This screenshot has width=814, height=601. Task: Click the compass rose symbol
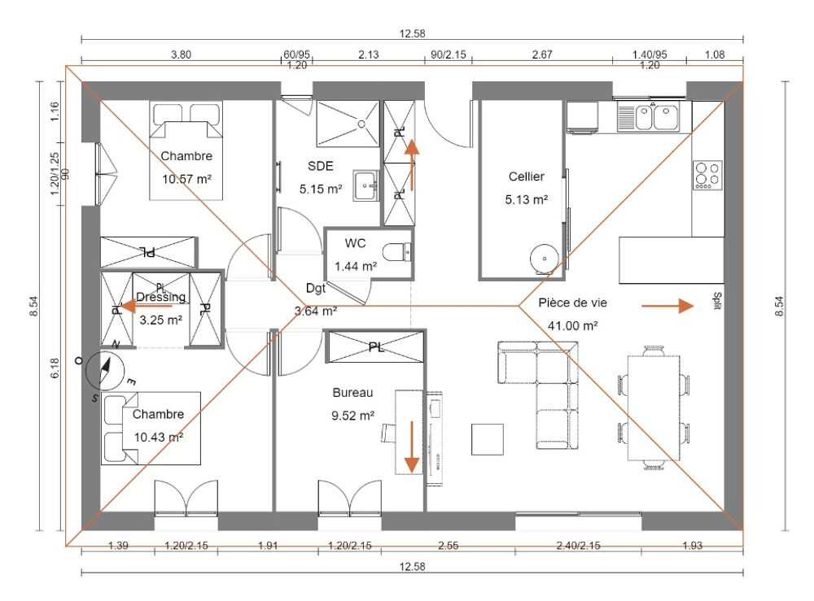105,370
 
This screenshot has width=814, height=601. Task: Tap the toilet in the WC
397,253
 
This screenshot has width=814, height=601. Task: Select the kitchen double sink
649,116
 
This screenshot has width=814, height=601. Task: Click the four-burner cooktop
707,175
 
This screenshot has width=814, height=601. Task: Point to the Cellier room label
527,176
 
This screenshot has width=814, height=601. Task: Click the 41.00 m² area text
572,325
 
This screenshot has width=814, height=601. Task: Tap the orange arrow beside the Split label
667,306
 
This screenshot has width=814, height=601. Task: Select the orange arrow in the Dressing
146,307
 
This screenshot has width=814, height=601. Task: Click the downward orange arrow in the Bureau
412,447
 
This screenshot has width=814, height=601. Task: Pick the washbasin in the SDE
366,185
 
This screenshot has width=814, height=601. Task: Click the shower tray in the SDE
348,124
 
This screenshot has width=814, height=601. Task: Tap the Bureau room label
353,393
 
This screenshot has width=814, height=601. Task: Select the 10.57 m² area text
187,180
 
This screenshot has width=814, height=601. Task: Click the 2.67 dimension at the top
542,54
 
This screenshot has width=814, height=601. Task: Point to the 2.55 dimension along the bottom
448,546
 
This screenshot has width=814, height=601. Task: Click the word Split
717,301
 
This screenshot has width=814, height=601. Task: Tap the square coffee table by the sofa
488,440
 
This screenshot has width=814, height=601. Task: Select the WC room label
355,243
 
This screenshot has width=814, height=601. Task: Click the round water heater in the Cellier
544,258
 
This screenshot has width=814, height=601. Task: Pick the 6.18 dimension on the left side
55,368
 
